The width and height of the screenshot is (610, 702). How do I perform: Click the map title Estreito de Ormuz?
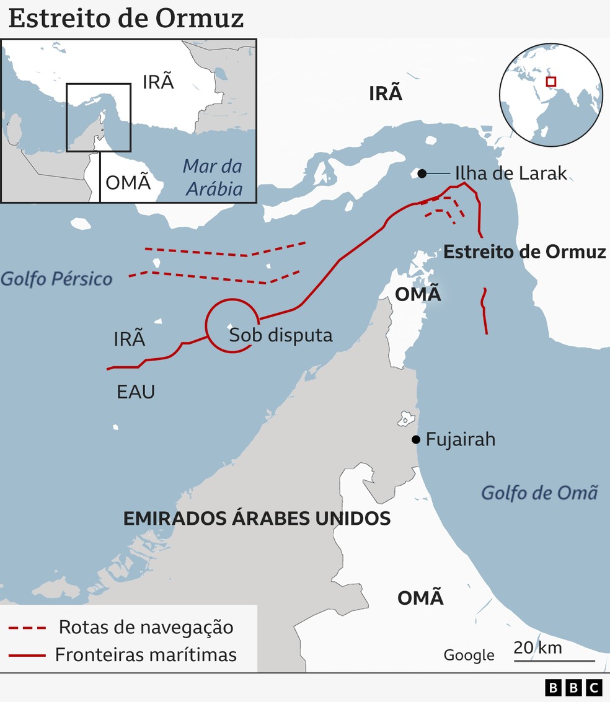click(126, 19)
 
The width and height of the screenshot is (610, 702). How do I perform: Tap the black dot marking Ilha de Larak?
click(422, 173)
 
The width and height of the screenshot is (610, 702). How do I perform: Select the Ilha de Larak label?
click(511, 173)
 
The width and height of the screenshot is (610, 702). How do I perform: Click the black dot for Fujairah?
click(417, 440)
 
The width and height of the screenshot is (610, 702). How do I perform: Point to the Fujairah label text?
click(461, 440)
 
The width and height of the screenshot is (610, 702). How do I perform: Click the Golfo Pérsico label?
click(56, 278)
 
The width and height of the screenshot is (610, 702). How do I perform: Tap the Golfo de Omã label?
click(539, 493)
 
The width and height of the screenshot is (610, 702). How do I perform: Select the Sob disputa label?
click(281, 335)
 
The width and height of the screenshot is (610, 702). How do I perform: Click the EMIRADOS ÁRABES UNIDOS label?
click(257, 518)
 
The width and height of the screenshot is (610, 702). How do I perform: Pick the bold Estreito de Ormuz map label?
click(524, 252)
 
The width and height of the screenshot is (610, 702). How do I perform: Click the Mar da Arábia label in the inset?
click(212, 177)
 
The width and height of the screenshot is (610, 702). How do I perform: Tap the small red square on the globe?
click(550, 81)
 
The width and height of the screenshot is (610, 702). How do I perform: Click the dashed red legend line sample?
click(27, 628)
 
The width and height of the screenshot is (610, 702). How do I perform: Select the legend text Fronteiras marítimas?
click(146, 654)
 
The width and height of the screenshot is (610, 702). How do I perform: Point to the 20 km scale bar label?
click(537, 648)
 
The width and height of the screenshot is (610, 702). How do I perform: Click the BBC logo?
click(573, 687)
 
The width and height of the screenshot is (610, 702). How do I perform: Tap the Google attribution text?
click(469, 656)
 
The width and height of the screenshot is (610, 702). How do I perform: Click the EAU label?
click(136, 392)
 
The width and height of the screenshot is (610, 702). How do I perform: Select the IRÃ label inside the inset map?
click(158, 82)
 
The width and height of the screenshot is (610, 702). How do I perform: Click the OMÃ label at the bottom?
click(420, 598)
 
